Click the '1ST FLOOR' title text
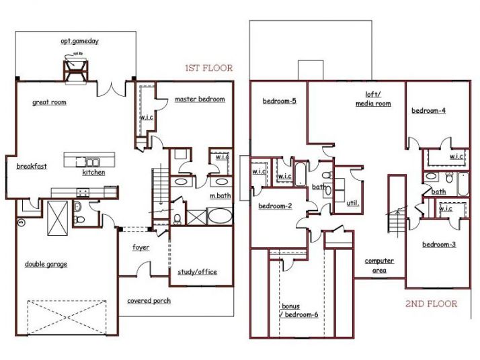[x=209, y=68]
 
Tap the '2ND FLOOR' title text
[x=432, y=304]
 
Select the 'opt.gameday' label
[x=79, y=41]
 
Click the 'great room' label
[x=49, y=103]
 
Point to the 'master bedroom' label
[x=200, y=99]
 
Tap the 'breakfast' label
[x=28, y=167]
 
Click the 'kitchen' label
[x=93, y=173]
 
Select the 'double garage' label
[x=46, y=264]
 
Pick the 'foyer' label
[x=141, y=247]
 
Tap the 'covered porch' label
[x=149, y=300]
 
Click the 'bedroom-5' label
[x=280, y=101]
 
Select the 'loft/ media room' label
[x=373, y=100]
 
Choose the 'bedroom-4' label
[x=429, y=111]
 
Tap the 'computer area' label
[x=379, y=265]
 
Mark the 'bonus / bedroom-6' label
[x=299, y=310]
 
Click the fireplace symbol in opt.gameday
[x=76, y=68]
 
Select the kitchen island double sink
[x=89, y=161]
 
